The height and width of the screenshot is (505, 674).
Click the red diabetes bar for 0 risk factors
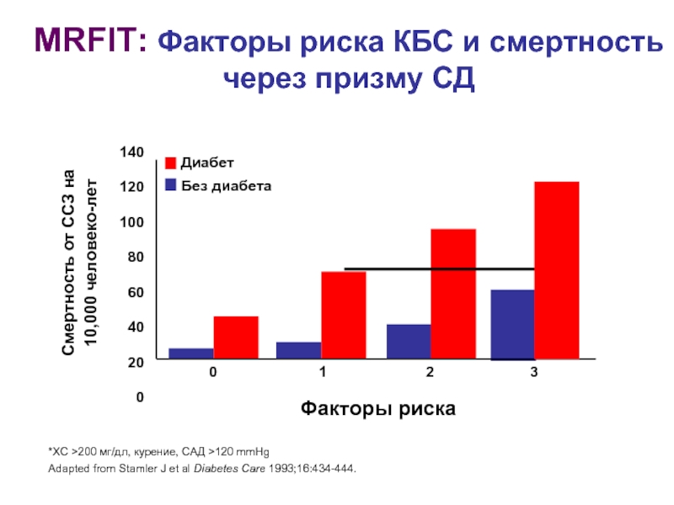click(236, 338)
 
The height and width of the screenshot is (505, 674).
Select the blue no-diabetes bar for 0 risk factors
click(191, 353)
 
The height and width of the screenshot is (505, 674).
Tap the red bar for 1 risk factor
click(344, 315)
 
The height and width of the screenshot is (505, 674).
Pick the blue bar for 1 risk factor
click(299, 350)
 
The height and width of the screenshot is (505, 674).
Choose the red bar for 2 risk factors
click(453, 294)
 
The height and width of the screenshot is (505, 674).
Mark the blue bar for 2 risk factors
click(409, 342)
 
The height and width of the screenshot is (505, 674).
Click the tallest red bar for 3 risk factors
click(557, 270)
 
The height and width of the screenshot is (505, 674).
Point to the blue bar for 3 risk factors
click(513, 324)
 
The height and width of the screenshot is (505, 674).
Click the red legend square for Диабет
click(170, 162)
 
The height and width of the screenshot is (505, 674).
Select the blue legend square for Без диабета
click(170, 184)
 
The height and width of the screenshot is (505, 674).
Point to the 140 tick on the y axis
click(132, 152)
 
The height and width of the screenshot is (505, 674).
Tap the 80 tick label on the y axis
click(136, 257)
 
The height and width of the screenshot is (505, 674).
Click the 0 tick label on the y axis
click(140, 396)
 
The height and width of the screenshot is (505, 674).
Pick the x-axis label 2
click(430, 372)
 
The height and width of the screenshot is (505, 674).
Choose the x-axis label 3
click(534, 372)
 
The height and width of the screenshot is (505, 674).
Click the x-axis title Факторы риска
click(378, 409)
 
